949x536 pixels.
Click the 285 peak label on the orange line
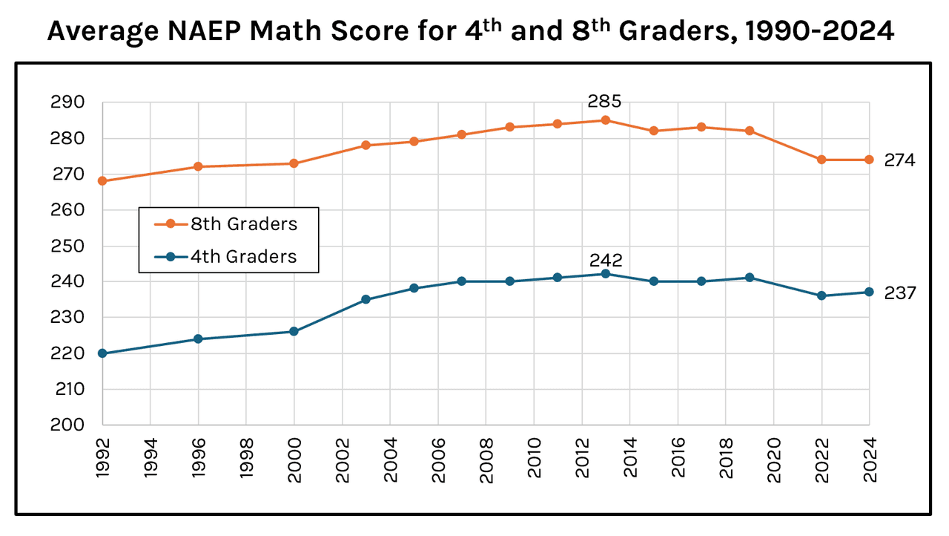point(604,101)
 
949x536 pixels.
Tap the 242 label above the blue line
point(605,261)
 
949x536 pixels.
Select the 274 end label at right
point(900,160)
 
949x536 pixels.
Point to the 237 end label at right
point(900,293)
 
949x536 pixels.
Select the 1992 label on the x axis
point(103,461)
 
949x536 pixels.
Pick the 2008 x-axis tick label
point(486,461)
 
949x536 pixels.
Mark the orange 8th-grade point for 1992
point(102,181)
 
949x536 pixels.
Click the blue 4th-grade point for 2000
point(294,331)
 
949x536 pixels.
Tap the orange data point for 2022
point(821,160)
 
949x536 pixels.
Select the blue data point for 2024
point(870,292)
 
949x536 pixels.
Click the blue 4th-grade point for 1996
point(198,339)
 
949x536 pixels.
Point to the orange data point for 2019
point(750,131)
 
